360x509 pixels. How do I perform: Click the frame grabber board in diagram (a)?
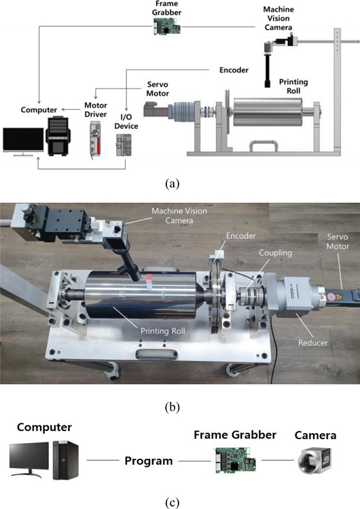click(166, 26)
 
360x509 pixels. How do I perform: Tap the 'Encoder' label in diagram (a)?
click(234, 70)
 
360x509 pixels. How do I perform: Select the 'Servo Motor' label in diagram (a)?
click(158, 89)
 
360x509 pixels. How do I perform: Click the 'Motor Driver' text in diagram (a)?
click(96, 110)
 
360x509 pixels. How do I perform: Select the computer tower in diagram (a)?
click(58, 136)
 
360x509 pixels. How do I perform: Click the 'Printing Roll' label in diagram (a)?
click(293, 86)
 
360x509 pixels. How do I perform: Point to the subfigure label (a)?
click(173, 184)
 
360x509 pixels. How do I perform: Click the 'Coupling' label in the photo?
click(275, 252)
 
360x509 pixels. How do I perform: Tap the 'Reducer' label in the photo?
click(313, 343)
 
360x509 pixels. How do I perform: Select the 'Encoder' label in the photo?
click(240, 235)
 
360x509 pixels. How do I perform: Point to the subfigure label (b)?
click(173, 407)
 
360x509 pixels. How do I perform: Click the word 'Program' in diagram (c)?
click(149, 461)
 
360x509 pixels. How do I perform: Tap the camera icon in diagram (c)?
click(314, 461)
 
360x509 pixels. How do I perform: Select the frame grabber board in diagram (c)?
click(235, 459)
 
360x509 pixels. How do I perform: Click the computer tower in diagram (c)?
click(66, 459)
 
